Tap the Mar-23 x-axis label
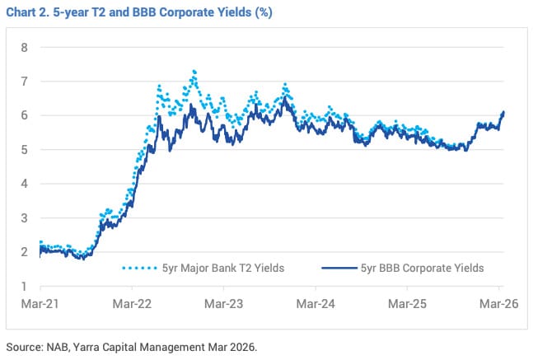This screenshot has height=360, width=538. [224, 304]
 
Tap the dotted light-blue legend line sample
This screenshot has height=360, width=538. [141, 268]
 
